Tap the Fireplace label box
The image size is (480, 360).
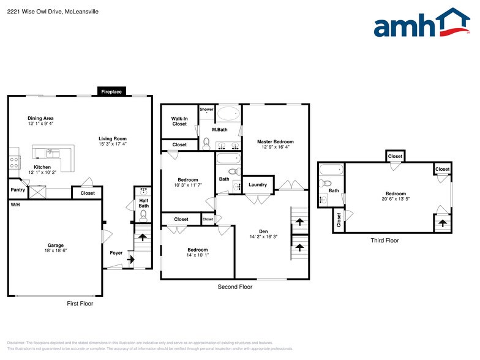(111, 92)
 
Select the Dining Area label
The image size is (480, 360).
(40, 118)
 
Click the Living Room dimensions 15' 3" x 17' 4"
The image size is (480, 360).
(112, 144)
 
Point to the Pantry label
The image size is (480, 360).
(18, 190)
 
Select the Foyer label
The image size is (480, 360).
(116, 252)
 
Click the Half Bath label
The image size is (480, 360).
(143, 203)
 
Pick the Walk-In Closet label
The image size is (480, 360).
(179, 121)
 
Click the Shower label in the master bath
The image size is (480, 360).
(206, 109)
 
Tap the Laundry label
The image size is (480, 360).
(258, 184)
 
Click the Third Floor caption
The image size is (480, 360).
(384, 241)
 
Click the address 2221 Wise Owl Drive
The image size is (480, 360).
(32, 12)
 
